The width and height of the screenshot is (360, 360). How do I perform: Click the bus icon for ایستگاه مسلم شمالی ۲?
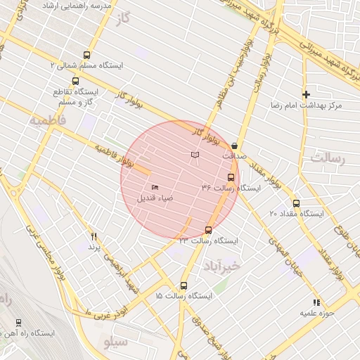point(86,54)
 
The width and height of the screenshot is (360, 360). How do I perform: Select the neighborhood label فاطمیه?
point(48,121)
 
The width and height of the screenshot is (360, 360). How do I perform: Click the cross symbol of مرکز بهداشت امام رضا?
point(306,94)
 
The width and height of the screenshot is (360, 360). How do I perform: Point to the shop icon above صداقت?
point(234,146)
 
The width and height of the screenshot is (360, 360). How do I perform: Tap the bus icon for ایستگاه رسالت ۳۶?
point(231,177)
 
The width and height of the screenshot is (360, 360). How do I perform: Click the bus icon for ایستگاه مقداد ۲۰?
point(296,202)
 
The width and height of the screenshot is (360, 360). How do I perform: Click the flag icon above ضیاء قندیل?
point(155,187)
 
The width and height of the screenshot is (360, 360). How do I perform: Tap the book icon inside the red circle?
point(195,155)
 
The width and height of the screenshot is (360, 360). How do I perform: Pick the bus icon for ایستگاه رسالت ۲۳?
point(208,230)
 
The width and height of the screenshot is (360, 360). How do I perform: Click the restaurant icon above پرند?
point(94,237)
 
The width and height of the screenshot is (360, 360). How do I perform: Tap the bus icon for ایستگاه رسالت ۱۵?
point(184,285)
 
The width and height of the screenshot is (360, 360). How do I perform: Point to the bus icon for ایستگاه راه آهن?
point(18,323)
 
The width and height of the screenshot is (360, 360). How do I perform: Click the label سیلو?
point(115,342)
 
